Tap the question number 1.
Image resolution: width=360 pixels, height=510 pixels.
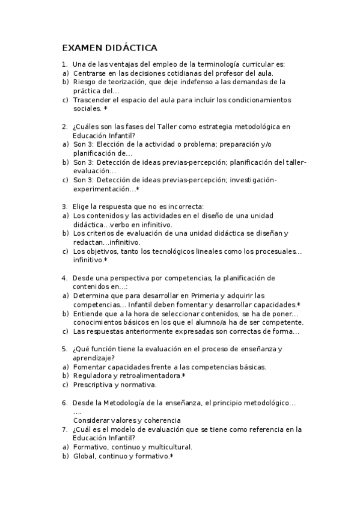[x=64, y=64]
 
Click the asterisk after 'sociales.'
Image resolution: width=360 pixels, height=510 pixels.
[x=106, y=108]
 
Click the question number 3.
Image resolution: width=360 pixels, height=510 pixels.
[x=64, y=206]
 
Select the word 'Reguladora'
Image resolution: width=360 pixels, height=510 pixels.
[x=93, y=375]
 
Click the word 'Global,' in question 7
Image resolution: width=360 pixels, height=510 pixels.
[x=85, y=456]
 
